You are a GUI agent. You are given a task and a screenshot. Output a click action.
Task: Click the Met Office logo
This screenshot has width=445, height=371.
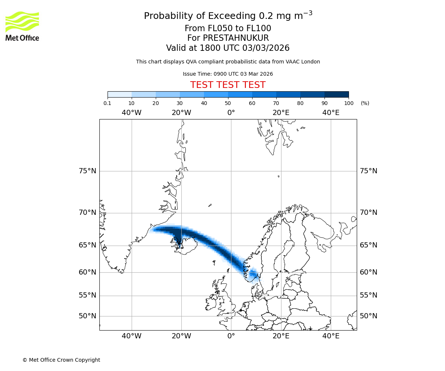tap(22, 26)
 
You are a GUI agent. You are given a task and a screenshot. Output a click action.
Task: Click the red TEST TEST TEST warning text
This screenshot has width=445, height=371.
tap(228, 85)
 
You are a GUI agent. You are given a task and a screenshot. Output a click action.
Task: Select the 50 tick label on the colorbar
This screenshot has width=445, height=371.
tap(228, 103)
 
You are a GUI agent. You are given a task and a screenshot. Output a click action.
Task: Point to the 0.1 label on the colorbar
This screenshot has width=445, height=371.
tap(108, 103)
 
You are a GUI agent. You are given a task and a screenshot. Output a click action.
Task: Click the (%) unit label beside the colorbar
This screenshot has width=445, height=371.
tap(365, 103)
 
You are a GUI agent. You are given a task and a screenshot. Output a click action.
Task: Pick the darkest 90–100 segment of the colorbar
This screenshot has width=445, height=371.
tap(336, 94)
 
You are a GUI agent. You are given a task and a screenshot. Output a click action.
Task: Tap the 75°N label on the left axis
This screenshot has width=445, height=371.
tap(88, 171)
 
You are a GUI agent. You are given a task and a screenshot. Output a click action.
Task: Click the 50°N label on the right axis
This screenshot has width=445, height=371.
tap(369, 316)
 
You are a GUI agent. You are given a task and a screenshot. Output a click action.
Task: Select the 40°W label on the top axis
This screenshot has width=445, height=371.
tap(132, 113)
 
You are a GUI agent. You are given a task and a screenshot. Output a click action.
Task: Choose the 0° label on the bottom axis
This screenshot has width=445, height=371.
tap(231, 336)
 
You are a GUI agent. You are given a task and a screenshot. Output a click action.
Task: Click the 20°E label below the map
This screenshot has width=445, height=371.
tap(281, 336)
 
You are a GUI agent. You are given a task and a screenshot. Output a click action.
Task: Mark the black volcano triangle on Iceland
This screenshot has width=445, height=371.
tap(180, 245)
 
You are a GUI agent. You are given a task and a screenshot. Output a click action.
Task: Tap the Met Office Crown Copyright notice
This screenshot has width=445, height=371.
tap(61, 360)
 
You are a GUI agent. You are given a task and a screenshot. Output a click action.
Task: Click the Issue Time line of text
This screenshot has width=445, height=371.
tap(228, 74)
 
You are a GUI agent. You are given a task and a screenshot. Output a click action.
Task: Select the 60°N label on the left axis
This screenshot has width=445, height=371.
tap(88, 272)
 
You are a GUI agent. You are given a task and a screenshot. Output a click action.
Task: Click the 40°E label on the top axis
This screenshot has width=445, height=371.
tap(331, 113)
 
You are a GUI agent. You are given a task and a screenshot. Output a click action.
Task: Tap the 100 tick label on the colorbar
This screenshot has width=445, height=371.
tap(349, 103)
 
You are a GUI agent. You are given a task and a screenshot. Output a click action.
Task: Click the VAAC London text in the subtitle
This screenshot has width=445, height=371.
tap(304, 62)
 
